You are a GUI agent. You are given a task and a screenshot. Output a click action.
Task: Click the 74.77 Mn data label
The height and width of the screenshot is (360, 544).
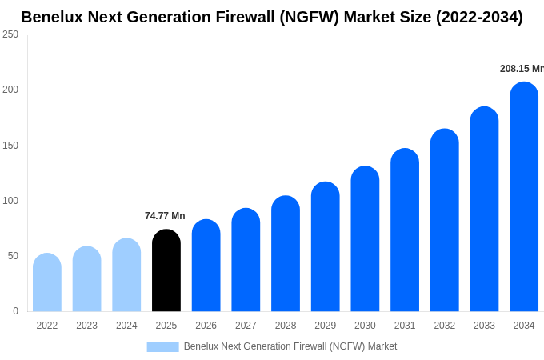tap(165, 216)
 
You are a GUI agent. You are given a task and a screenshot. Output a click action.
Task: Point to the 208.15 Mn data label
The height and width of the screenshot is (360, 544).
tap(522, 69)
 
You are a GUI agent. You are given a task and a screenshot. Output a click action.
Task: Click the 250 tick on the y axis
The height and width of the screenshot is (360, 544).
tap(10, 34)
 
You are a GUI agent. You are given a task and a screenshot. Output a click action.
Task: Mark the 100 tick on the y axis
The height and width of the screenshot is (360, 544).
tap(10, 201)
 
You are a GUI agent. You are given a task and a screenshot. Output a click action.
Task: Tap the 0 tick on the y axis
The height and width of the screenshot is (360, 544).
tap(15, 311)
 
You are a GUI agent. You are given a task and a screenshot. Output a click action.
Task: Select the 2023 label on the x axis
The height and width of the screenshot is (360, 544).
tap(86, 326)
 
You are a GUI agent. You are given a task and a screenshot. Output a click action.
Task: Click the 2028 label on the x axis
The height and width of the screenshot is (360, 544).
tap(286, 326)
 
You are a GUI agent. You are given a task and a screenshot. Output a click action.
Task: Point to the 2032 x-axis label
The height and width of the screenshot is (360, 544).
tap(445, 326)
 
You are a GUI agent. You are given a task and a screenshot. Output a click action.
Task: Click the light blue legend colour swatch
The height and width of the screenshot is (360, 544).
tap(162, 346)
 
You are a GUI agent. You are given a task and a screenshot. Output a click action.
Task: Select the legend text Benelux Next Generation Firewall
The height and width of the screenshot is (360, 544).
tap(290, 346)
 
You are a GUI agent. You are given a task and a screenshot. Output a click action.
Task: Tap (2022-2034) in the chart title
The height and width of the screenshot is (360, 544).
tap(479, 17)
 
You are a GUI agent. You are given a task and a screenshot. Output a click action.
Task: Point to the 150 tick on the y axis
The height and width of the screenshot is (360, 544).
tap(10, 146)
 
